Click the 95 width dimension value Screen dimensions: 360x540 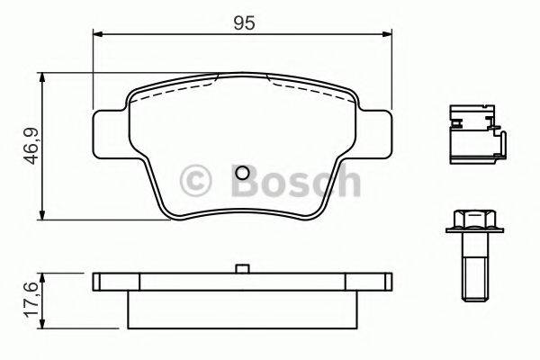(x=241, y=23)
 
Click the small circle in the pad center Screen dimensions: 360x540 (x=242, y=175)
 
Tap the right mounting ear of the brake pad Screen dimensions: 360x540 (x=378, y=126)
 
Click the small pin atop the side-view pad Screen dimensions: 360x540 (x=241, y=268)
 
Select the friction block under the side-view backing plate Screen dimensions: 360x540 (x=241, y=309)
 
